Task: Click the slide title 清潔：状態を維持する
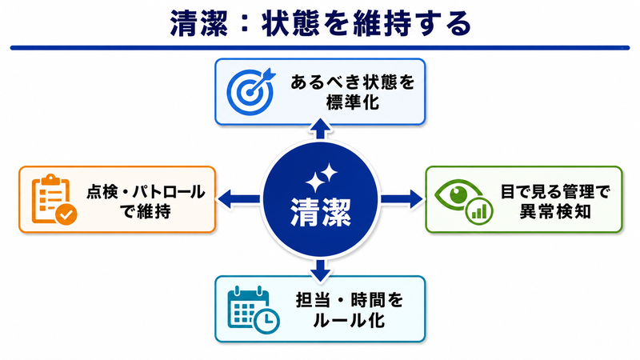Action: coord(321,23)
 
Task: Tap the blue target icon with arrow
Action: coord(250,91)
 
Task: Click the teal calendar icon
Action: coord(253,309)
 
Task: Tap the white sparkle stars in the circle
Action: coord(322,178)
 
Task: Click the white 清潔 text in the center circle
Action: coord(321,212)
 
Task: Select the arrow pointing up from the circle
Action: coord(321,129)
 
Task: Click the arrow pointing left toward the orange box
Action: coord(238,199)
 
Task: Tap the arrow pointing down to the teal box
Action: coord(321,270)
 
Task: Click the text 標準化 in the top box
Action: coord(353,102)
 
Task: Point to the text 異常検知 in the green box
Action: coord(554,211)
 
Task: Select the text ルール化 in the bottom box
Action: coord(349,320)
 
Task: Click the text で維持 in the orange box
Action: coord(146,211)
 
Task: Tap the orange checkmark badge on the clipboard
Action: coord(66,214)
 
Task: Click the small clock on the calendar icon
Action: coord(266,322)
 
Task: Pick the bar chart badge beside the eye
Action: coord(479,211)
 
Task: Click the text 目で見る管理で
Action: coord(555,191)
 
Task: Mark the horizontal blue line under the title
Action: coord(320,48)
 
